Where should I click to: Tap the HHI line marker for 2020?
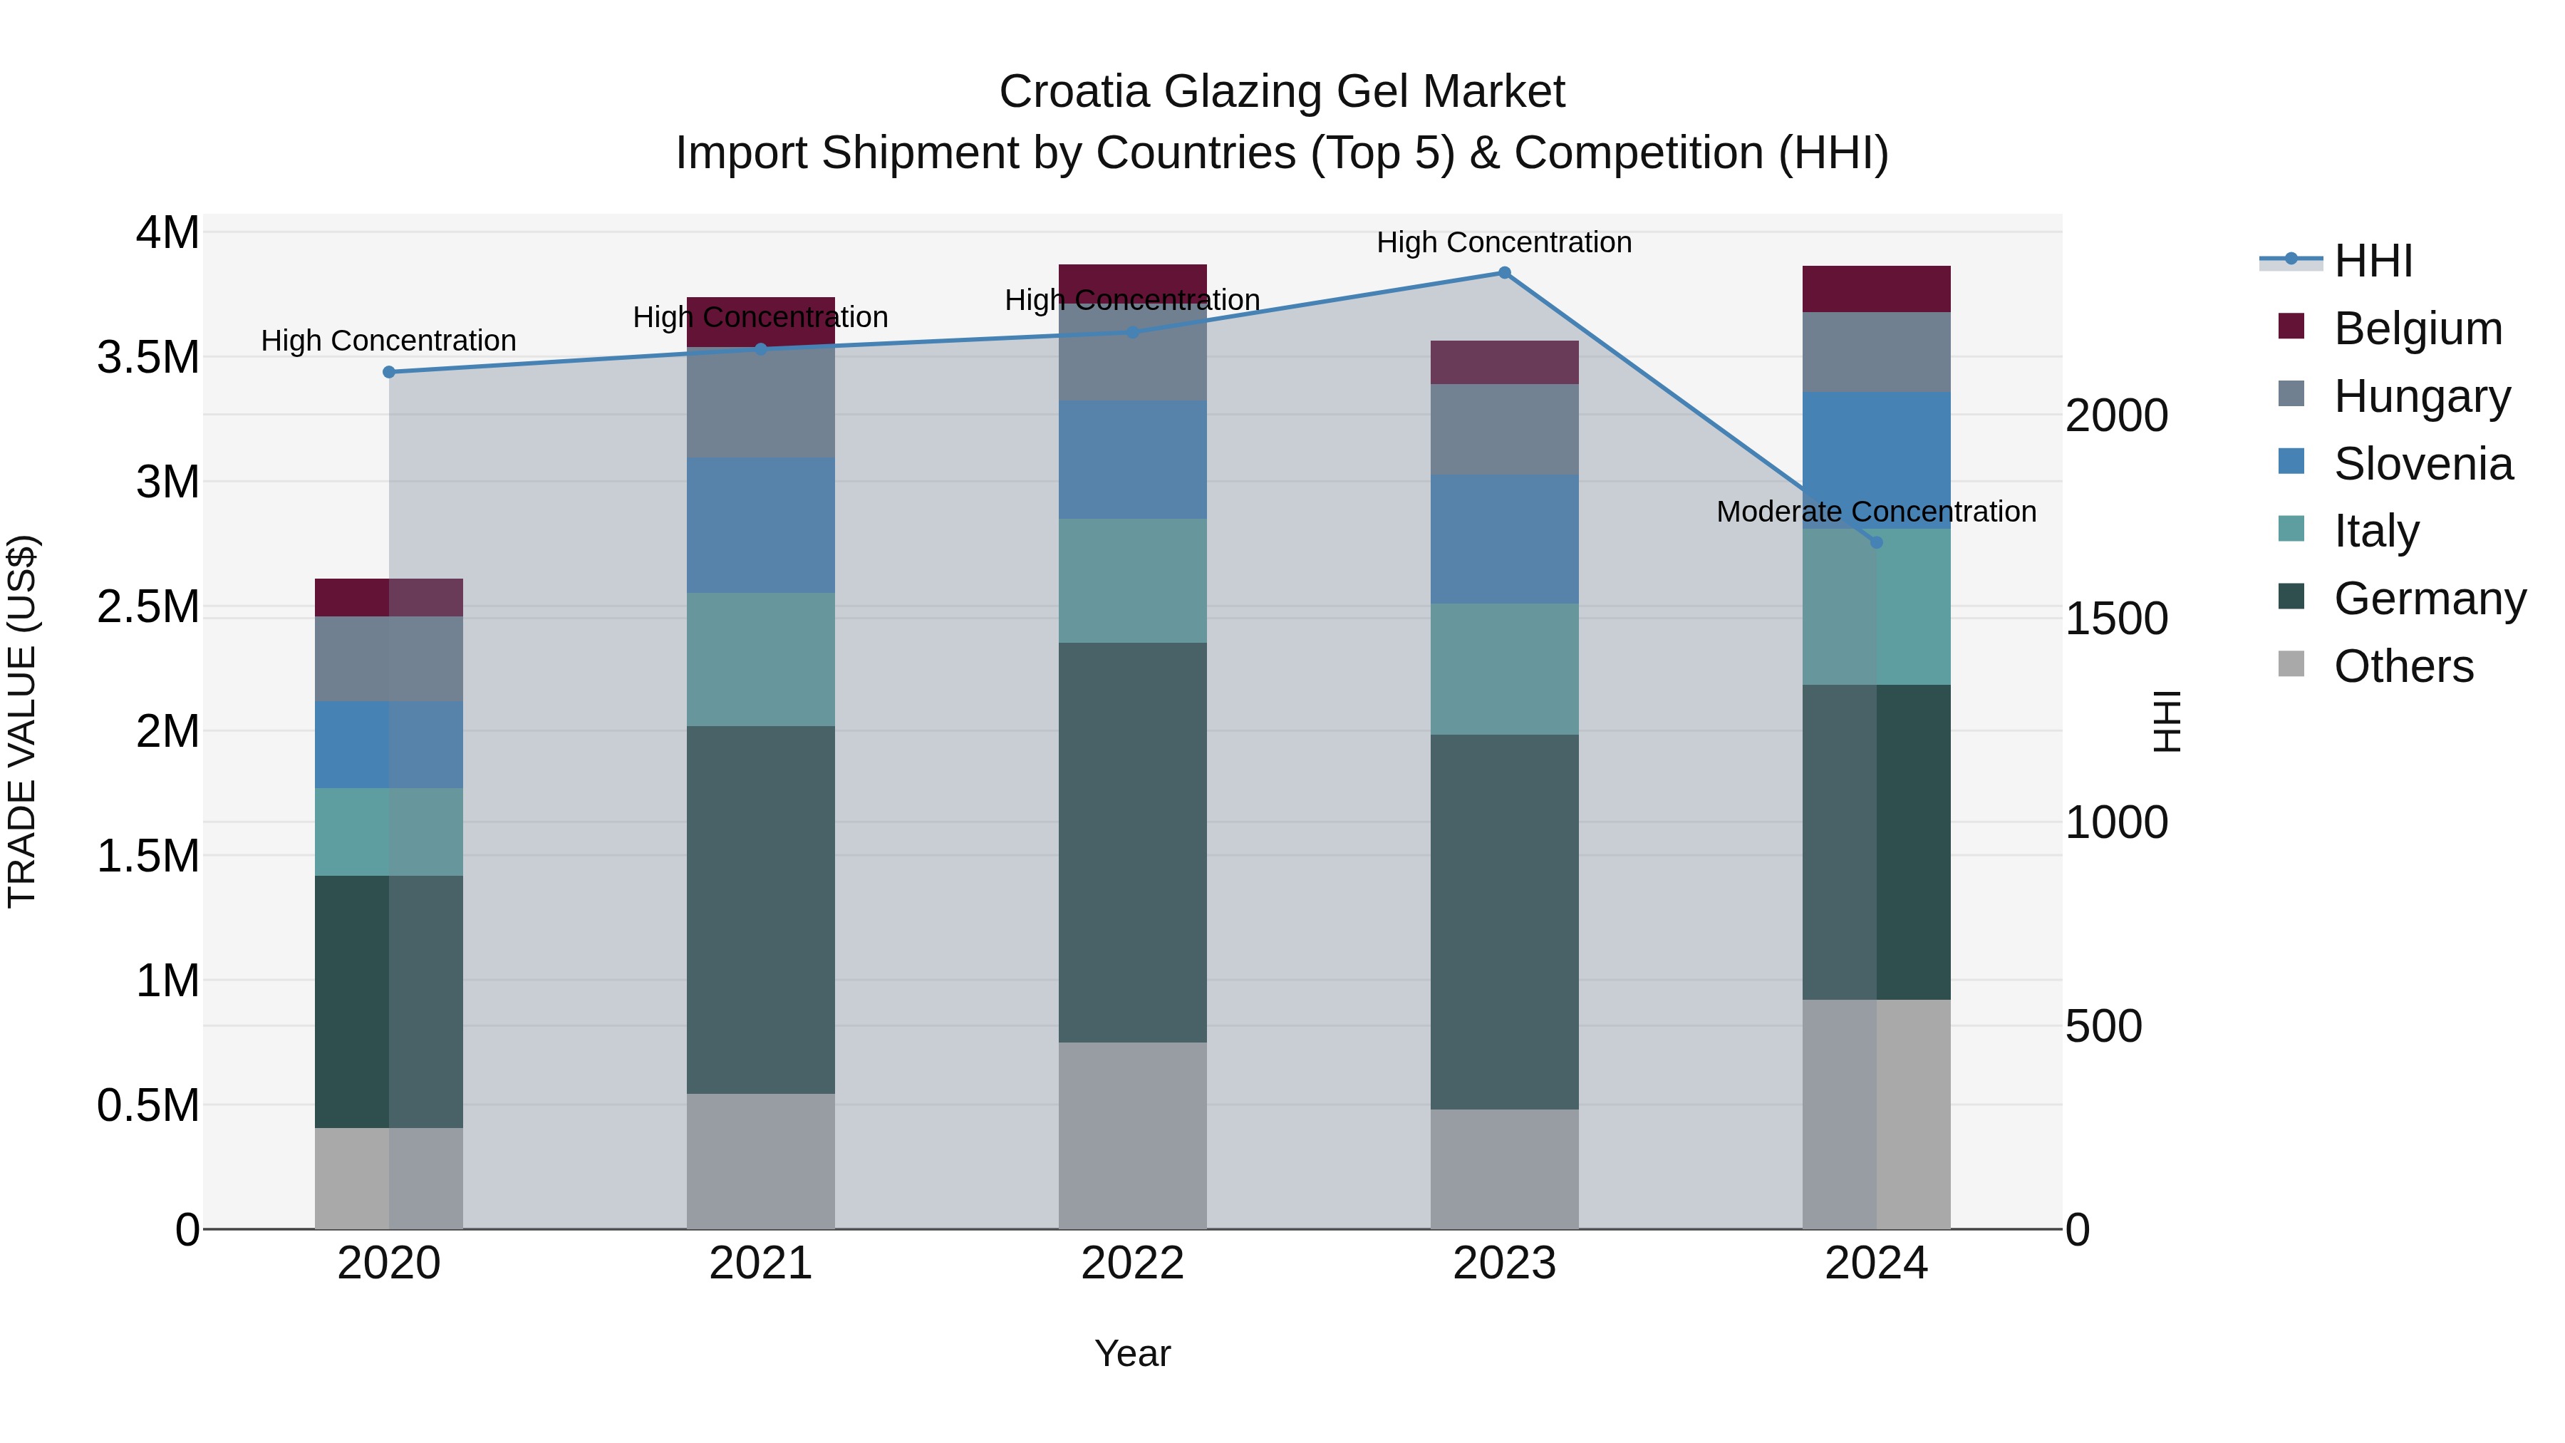tap(389, 373)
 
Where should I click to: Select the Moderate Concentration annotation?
tap(1876, 512)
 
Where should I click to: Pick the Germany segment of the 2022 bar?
tap(1132, 842)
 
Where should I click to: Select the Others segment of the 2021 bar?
tap(761, 1162)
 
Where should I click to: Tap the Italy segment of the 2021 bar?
tap(761, 659)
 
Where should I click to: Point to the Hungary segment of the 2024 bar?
tap(1876, 353)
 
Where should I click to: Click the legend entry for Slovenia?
tap(2422, 464)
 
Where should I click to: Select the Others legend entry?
tap(2403, 666)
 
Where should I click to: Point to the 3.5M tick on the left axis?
tap(148, 358)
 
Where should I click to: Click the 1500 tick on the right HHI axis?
tap(2116, 619)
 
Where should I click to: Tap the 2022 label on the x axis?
tap(1132, 1263)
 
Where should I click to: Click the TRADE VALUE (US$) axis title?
tap(22, 721)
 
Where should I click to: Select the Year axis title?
tap(1132, 1353)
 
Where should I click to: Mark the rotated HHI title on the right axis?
tap(2167, 721)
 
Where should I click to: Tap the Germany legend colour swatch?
tap(2290, 598)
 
